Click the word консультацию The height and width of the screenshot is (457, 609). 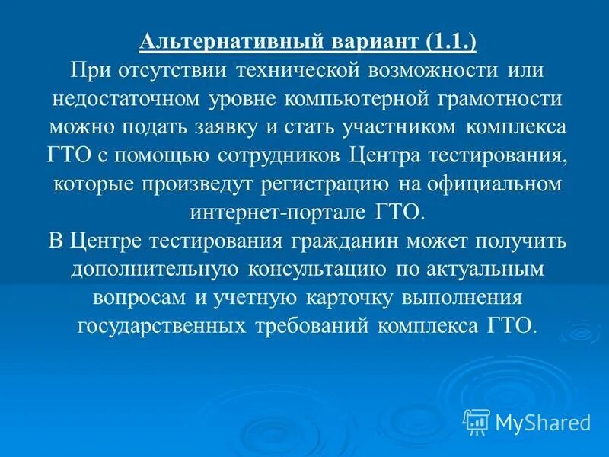[317, 269]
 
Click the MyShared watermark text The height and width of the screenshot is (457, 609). [542, 420]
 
